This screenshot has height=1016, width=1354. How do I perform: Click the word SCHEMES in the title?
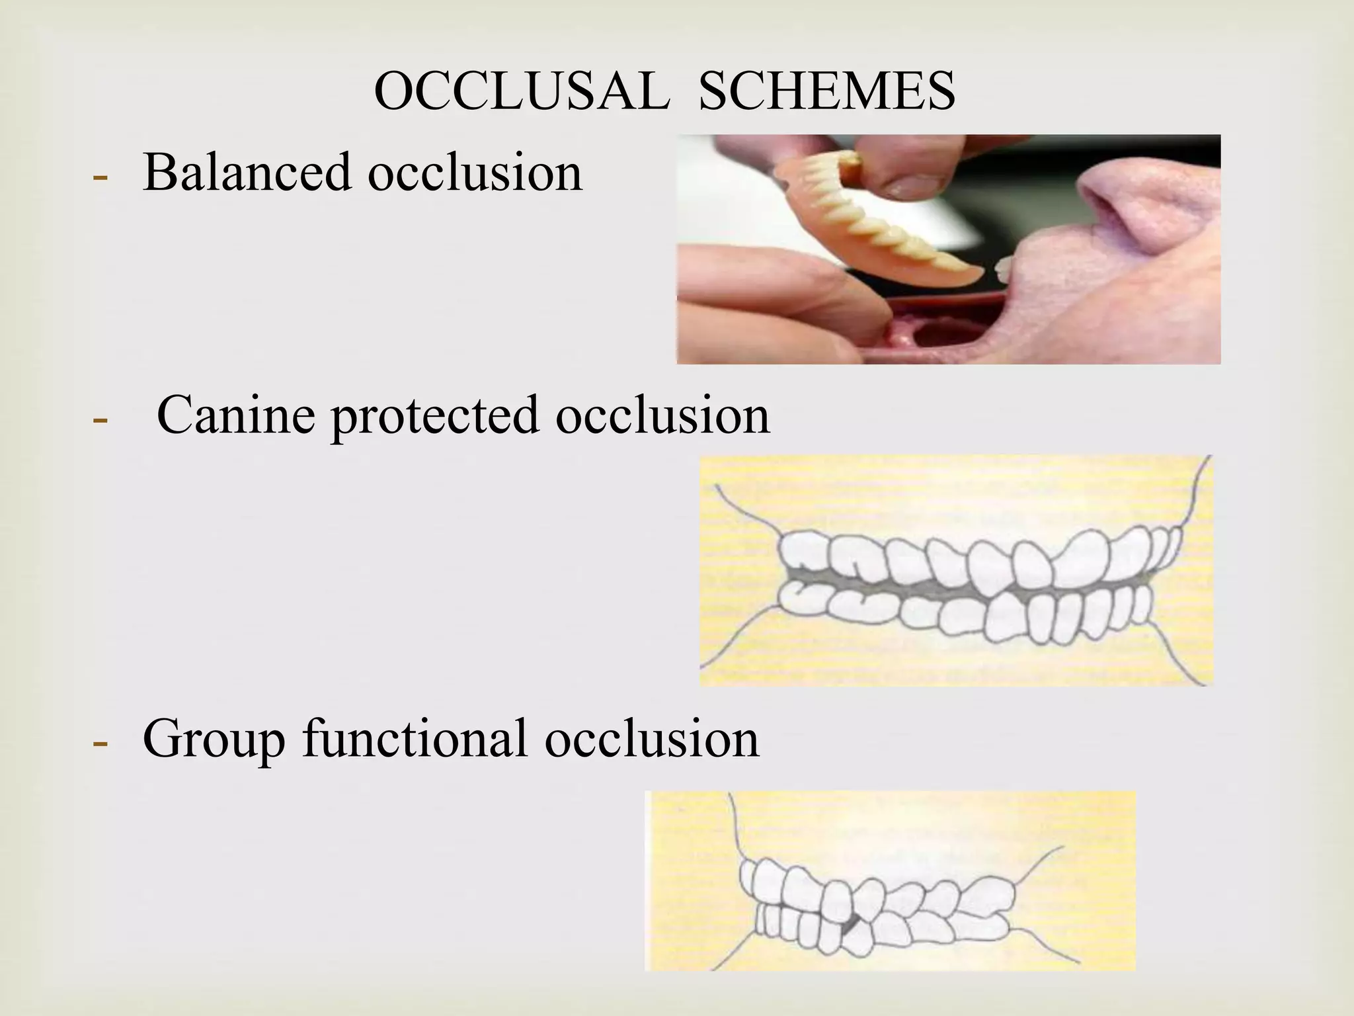pyautogui.click(x=826, y=91)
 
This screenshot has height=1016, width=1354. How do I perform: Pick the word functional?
pyautogui.click(x=415, y=738)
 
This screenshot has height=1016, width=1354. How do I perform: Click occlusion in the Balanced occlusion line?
pyautogui.click(x=475, y=172)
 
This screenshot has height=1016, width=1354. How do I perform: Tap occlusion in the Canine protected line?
pyautogui.click(x=662, y=415)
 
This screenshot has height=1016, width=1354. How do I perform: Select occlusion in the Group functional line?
pyautogui.click(x=652, y=738)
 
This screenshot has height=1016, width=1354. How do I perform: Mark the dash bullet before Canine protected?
pyautogui.click(x=100, y=419)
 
